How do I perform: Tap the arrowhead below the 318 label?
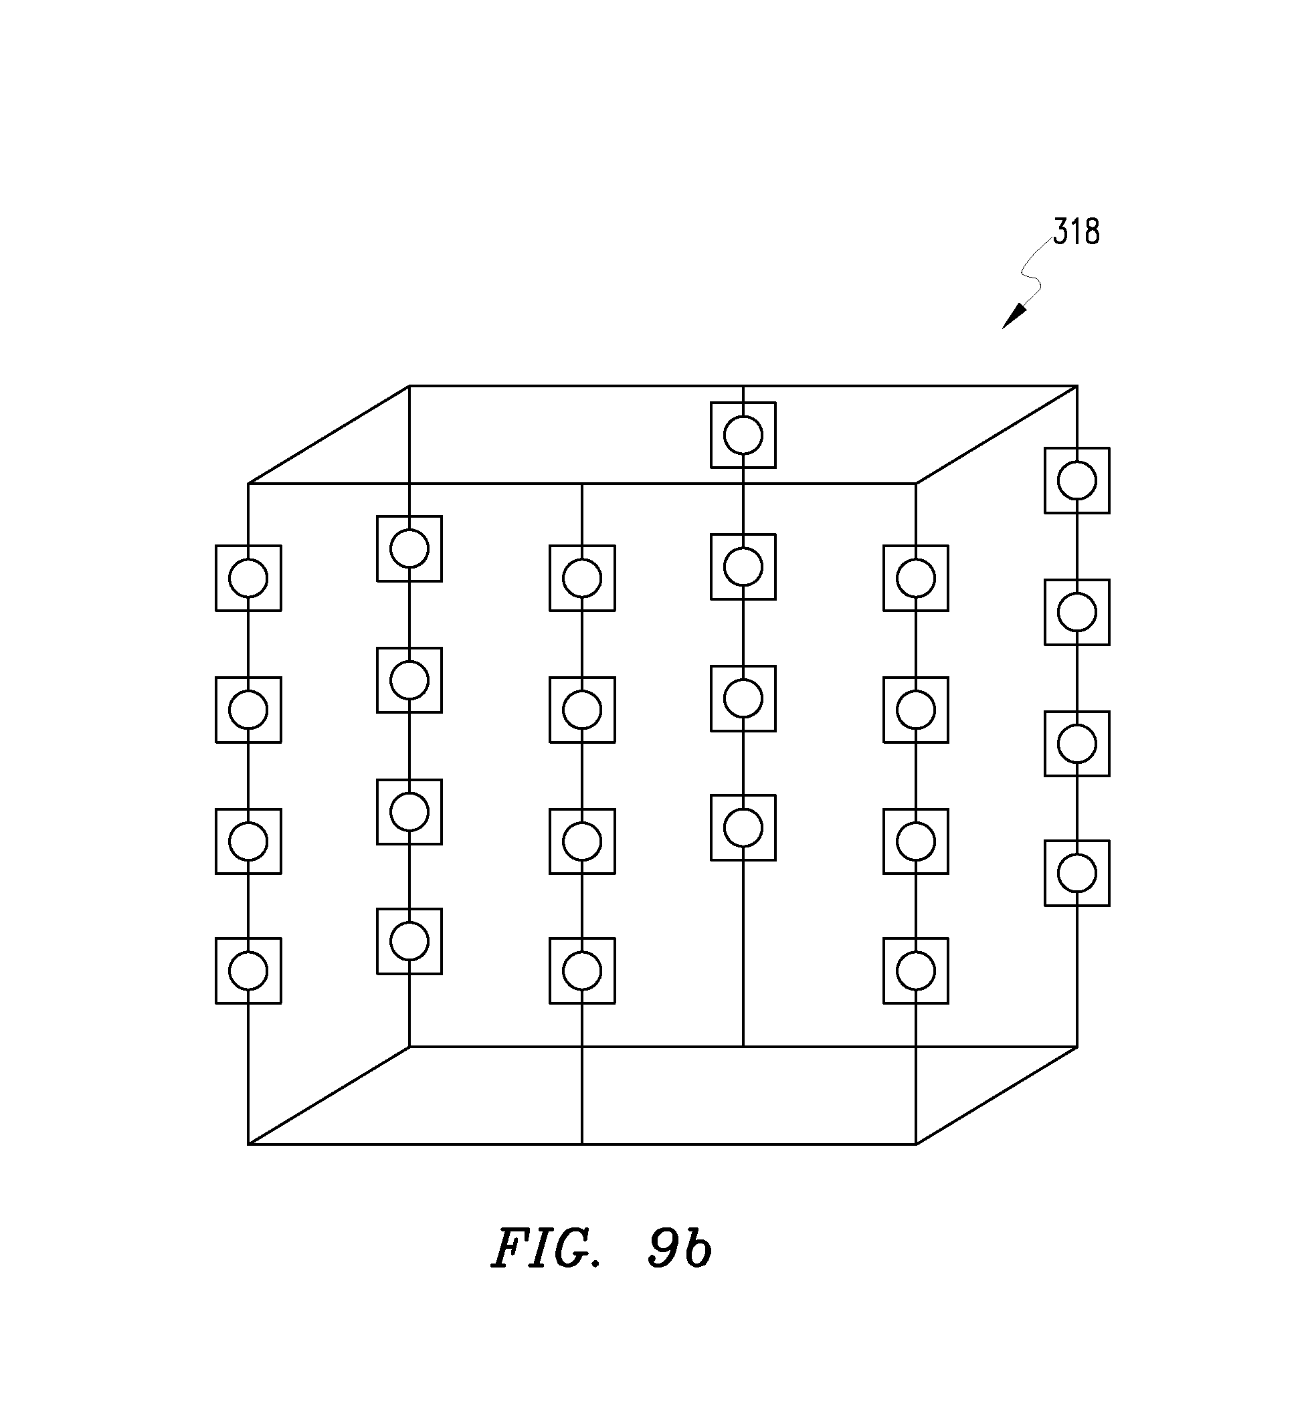1015,316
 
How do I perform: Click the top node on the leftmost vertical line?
248,578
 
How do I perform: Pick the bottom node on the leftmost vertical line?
248,971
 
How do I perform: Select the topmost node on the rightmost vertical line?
1076,480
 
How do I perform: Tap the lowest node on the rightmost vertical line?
1076,873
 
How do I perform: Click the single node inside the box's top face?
743,435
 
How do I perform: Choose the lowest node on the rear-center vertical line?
743,827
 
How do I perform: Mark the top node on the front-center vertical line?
582,578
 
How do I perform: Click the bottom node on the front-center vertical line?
582,971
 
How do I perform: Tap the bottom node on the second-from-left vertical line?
409,941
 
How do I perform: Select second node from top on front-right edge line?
916,710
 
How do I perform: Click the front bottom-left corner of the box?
248,1144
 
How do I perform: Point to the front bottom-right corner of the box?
916,1144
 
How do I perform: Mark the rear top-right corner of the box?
1076,386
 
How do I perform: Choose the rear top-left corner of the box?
409,386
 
